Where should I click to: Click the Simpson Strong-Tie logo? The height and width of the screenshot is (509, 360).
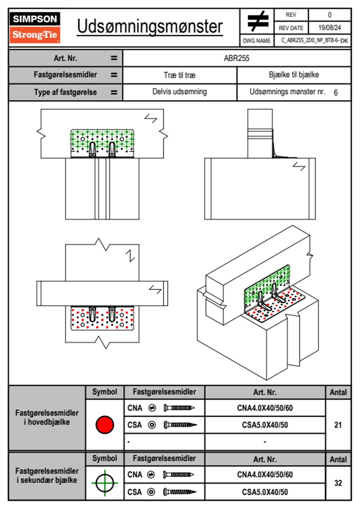coord(35,28)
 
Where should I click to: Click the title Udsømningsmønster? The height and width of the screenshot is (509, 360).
coord(150,27)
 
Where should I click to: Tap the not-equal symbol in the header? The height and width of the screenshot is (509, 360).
coord(257,21)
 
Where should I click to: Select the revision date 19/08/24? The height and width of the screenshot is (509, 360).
coord(329,28)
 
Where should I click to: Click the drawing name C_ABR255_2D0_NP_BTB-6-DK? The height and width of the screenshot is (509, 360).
coord(314,41)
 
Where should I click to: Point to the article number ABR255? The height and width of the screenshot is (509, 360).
coord(237,58)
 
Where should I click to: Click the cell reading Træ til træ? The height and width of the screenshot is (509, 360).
coord(180,75)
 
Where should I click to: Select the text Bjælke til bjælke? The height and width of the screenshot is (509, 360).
coord(294,75)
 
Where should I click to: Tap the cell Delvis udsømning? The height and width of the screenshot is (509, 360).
coord(180,92)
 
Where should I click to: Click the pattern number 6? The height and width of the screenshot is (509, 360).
coord(335,93)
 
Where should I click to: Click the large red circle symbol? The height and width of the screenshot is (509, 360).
coord(105,425)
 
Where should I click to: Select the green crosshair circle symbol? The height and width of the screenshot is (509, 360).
coord(105,483)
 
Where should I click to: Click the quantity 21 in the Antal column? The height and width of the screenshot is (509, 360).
coord(338,425)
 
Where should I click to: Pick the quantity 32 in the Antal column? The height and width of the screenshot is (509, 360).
coord(338,483)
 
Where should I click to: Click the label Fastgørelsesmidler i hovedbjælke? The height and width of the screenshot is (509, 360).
coord(47,417)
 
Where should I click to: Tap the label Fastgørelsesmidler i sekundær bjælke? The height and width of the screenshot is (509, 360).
coord(47,475)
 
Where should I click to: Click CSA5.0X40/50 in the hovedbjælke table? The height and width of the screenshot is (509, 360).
coord(265,425)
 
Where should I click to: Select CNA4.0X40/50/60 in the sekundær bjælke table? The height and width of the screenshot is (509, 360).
coord(265,475)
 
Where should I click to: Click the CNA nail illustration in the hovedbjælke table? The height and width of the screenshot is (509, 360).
coord(179,408)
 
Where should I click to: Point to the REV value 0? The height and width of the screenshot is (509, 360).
coord(329,15)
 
